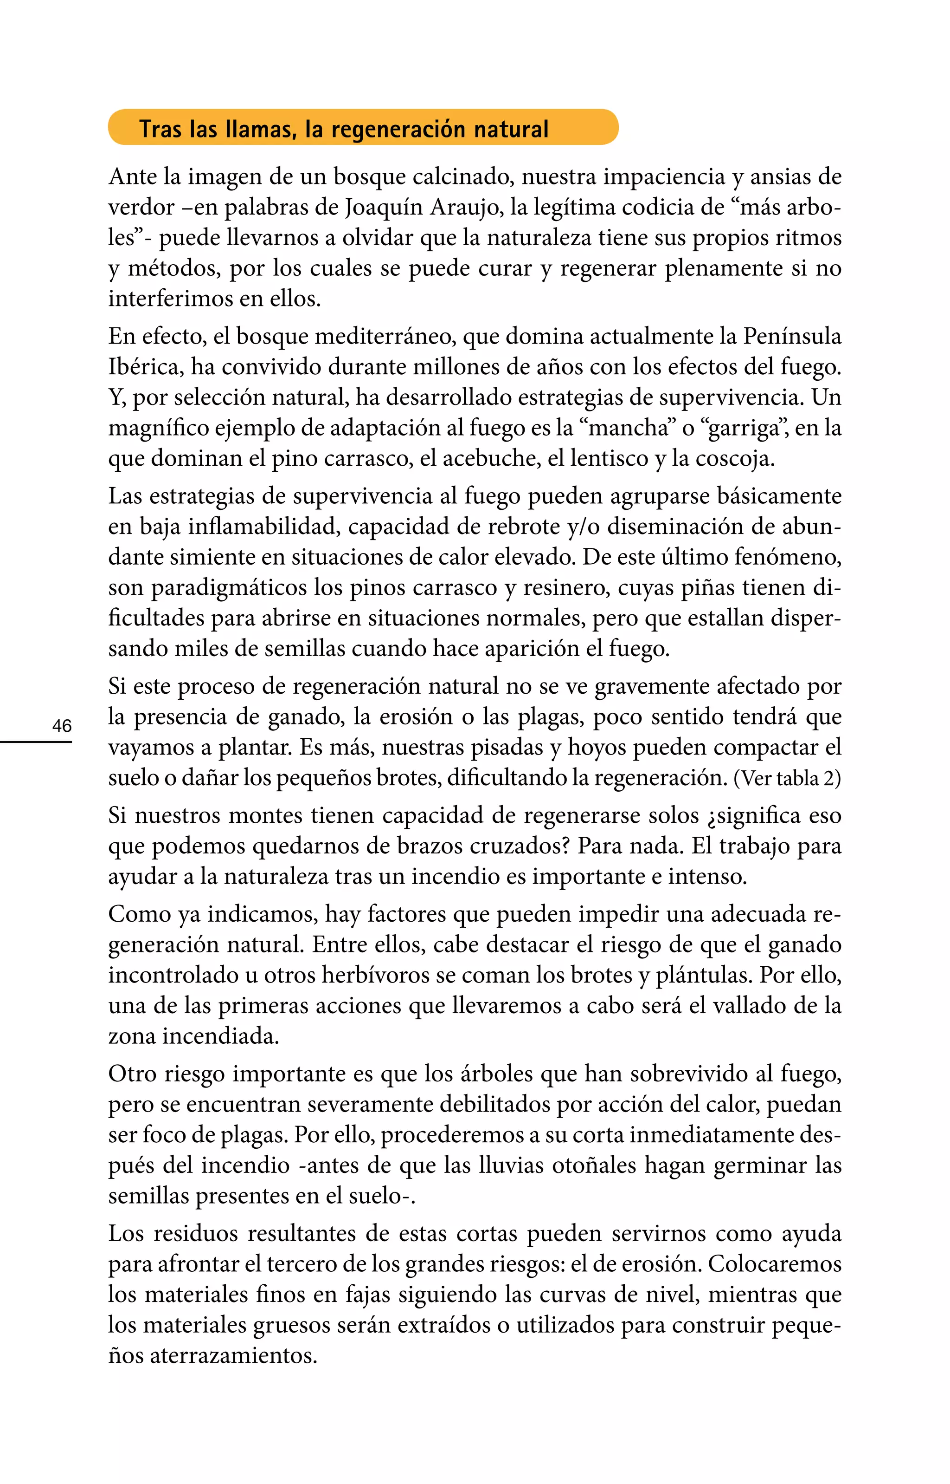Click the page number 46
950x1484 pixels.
(x=62, y=725)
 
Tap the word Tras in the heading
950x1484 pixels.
(x=160, y=129)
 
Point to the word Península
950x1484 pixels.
(x=792, y=337)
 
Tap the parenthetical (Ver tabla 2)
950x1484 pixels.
(x=787, y=778)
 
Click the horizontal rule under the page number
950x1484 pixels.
(x=36, y=742)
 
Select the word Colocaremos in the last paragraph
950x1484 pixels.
(x=775, y=1264)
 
